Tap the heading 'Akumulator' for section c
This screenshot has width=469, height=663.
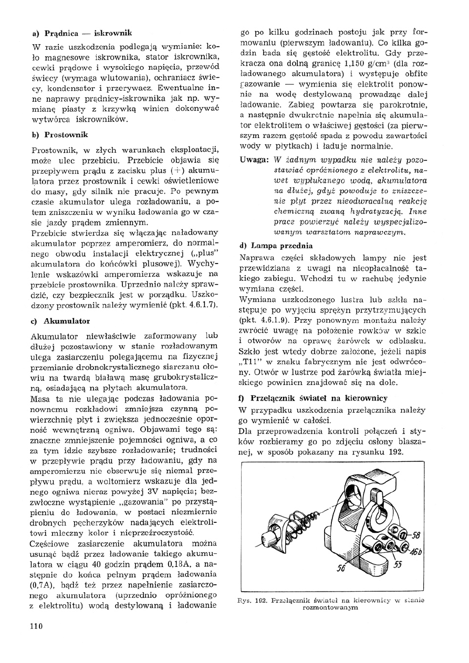click(x=67, y=320)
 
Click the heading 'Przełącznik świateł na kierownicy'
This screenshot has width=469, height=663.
click(x=319, y=398)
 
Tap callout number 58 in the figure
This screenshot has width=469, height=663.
click(x=414, y=536)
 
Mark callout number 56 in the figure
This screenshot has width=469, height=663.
click(x=341, y=568)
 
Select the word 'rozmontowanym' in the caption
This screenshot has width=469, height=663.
click(x=331, y=608)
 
